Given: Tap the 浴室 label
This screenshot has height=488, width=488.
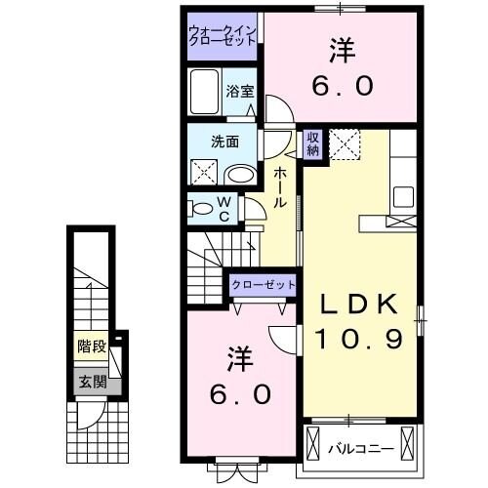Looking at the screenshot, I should pyautogui.click(x=240, y=92).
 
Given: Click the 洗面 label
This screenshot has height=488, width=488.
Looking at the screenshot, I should pyautogui.click(x=225, y=141).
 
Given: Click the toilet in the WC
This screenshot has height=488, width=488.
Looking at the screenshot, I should pyautogui.click(x=203, y=208).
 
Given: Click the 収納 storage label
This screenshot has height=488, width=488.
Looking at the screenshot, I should pyautogui.click(x=312, y=144).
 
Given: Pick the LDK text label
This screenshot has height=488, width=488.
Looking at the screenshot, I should pyautogui.click(x=361, y=306).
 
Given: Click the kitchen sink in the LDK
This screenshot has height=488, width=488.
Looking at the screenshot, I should pyautogui.click(x=403, y=193).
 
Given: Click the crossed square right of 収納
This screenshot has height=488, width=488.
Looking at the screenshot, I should pyautogui.click(x=343, y=144).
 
